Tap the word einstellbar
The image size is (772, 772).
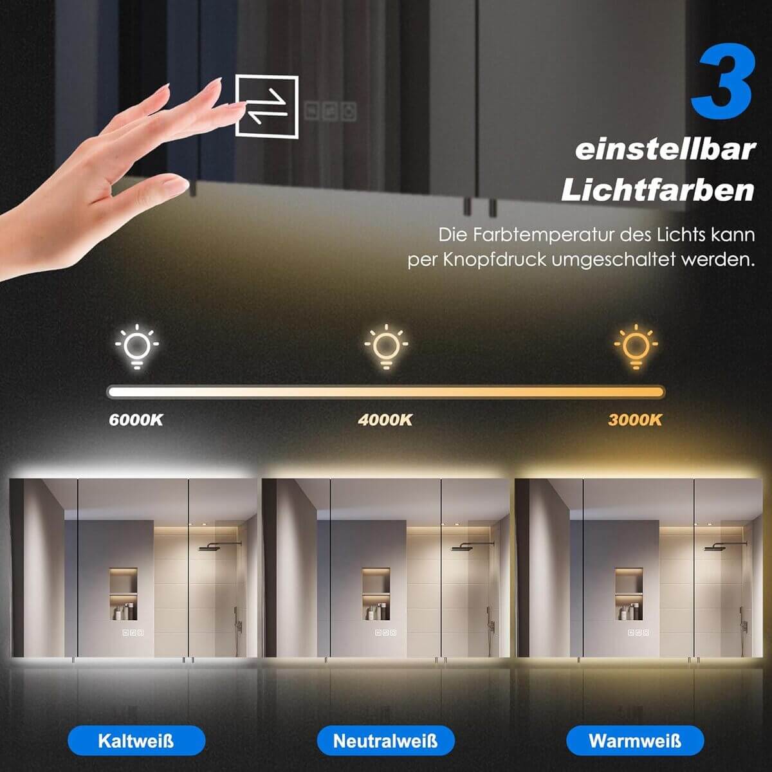click(665, 150)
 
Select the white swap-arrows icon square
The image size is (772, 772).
click(267, 107)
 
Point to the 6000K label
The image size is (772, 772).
click(136, 420)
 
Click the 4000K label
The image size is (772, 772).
click(385, 420)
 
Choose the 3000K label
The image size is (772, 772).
click(635, 420)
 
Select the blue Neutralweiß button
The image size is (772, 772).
click(386, 740)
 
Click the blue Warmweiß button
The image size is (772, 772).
click(635, 740)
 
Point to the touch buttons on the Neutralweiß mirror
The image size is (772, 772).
click(386, 632)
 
